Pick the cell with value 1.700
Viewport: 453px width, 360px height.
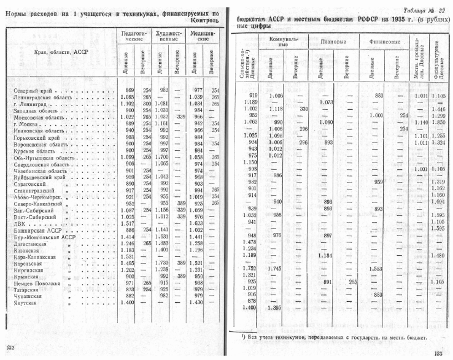pos(161,158)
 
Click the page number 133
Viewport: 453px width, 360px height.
pos(438,353)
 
